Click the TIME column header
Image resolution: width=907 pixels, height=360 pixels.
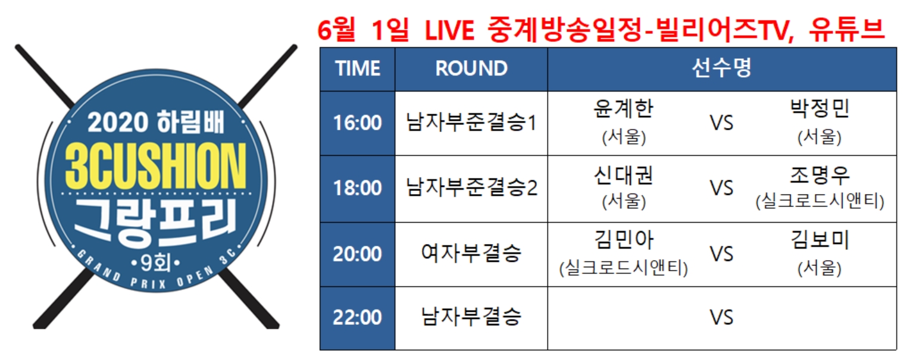click(x=358, y=68)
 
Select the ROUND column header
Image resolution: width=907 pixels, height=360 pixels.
click(x=471, y=68)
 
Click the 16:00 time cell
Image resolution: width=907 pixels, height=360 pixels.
click(x=357, y=123)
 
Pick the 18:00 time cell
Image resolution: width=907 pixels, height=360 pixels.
click(x=357, y=188)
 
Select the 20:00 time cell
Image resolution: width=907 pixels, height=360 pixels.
click(x=357, y=254)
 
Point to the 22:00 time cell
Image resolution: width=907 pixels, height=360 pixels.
click(x=357, y=318)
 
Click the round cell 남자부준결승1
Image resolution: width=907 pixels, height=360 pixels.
click(x=471, y=123)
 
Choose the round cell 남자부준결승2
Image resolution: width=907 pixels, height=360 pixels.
click(x=471, y=187)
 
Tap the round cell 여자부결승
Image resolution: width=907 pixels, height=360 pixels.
click(x=471, y=253)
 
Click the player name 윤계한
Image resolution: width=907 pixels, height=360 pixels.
click(x=624, y=108)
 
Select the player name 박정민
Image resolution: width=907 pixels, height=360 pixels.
click(x=820, y=108)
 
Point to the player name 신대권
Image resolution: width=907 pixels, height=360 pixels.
click(x=624, y=176)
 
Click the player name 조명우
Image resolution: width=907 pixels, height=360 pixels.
click(x=820, y=176)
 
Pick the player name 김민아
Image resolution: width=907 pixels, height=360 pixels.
click(x=624, y=240)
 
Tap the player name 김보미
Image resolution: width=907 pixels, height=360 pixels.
click(x=820, y=240)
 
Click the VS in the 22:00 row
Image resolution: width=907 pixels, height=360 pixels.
click(x=721, y=318)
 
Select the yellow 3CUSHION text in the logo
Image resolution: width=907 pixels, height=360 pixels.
click(x=156, y=165)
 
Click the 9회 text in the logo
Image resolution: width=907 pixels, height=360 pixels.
click(x=156, y=264)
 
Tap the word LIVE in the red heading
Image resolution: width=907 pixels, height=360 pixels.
click(x=449, y=30)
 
